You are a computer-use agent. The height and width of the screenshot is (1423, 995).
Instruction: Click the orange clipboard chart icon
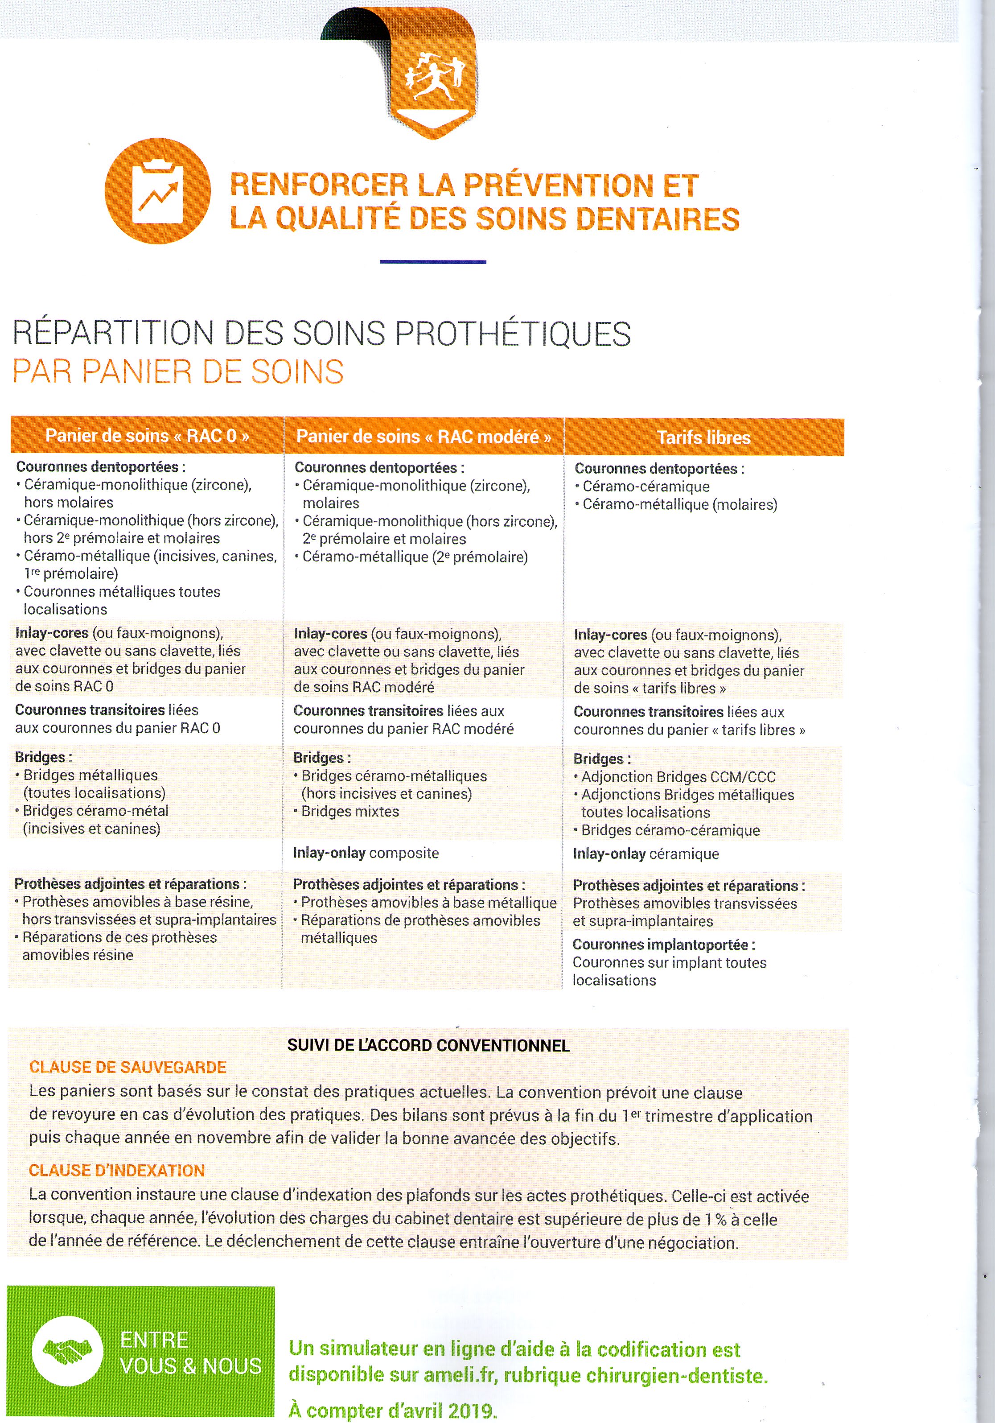158,191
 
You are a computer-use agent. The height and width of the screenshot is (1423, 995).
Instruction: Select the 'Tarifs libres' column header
704,437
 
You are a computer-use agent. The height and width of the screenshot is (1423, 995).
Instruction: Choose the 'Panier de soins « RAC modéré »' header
424,436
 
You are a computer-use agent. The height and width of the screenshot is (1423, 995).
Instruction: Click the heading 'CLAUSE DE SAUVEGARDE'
127,1067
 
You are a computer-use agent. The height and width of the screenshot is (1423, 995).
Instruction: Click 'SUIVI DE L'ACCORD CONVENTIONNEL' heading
428,1046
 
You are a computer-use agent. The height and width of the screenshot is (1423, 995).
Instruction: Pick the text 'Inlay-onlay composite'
366,853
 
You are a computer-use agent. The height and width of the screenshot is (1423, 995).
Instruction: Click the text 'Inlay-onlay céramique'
646,854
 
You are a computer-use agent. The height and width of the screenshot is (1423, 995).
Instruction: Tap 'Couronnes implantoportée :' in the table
663,945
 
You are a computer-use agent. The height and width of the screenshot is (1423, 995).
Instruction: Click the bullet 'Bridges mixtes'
350,811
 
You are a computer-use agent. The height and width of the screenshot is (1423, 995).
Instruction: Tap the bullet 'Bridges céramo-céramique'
670,830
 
